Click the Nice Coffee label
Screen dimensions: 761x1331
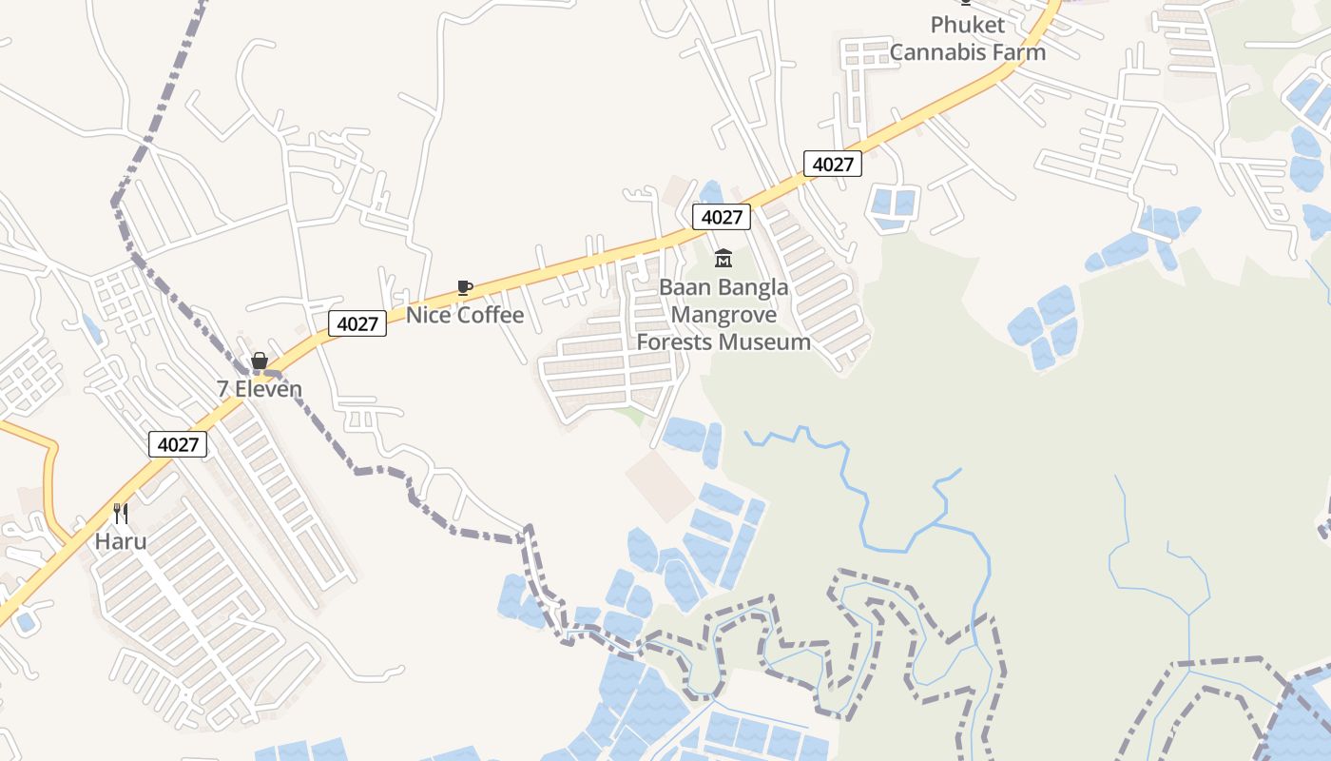(x=465, y=315)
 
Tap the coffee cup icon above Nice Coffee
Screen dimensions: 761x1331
(x=464, y=287)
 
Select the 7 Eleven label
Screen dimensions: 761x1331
(x=260, y=389)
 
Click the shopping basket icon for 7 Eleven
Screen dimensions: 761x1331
(x=259, y=361)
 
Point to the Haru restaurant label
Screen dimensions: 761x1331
(x=121, y=541)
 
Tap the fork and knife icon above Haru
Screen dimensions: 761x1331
(x=121, y=514)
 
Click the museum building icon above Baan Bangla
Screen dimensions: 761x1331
(x=723, y=258)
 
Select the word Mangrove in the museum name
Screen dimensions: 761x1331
(x=723, y=315)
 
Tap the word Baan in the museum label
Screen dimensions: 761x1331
(x=685, y=287)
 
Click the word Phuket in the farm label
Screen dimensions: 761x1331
(x=968, y=25)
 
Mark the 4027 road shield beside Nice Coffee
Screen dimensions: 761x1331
(x=357, y=323)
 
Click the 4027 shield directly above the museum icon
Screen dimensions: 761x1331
(x=722, y=217)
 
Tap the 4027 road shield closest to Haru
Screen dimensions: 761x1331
(x=178, y=444)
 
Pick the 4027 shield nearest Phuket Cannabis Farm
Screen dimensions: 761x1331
(x=833, y=164)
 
